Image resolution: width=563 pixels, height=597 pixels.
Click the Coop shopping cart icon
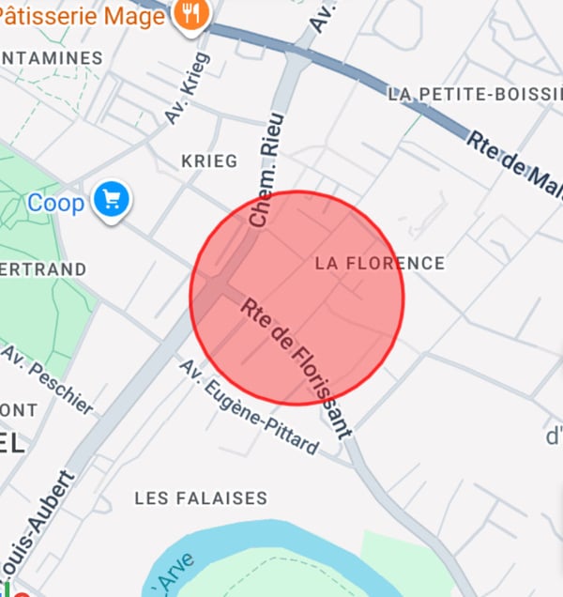click(113, 201)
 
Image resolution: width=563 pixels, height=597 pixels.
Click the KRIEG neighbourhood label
click(209, 161)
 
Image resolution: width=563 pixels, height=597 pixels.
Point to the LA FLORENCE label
click(379, 263)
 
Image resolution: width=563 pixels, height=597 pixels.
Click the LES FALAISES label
click(201, 497)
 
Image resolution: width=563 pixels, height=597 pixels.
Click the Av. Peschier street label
click(49, 379)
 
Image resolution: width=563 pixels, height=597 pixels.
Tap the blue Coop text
click(55, 202)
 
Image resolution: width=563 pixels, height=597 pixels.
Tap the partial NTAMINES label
click(51, 58)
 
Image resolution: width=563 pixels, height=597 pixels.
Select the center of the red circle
click(297, 298)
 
